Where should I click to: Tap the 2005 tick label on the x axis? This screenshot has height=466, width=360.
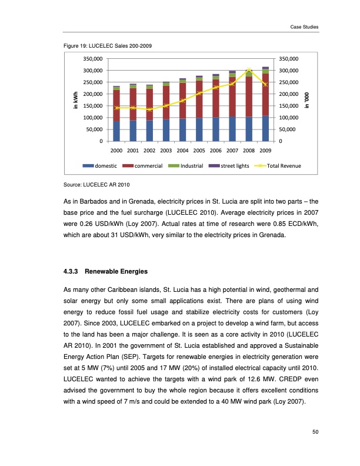coord(199,151)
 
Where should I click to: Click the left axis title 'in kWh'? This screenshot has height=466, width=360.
coord(75,101)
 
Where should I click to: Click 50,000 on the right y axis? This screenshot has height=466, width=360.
coord(291,129)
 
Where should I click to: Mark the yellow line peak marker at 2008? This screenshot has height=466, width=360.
coord(249,69)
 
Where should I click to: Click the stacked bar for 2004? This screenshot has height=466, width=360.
coord(183,112)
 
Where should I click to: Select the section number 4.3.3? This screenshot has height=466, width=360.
coord(70,272)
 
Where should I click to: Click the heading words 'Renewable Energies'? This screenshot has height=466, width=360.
coord(113,272)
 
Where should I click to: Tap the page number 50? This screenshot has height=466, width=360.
coord(315,433)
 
